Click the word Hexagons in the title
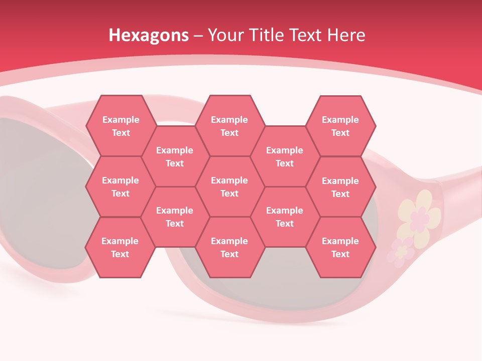click(149, 35)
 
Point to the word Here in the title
click(346, 35)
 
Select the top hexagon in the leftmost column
click(120, 126)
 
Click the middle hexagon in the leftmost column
click(120, 187)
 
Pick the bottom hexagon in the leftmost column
click(120, 247)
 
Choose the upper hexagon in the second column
click(175, 156)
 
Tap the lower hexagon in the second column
click(175, 217)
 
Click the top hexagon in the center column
click(229, 126)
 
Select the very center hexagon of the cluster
click(229, 187)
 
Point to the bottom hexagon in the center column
click(229, 247)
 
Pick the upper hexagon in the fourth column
click(285, 156)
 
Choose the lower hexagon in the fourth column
click(285, 217)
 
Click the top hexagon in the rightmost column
click(340, 126)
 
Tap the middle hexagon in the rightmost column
click(340, 187)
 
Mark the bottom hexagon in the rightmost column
click(340, 247)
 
